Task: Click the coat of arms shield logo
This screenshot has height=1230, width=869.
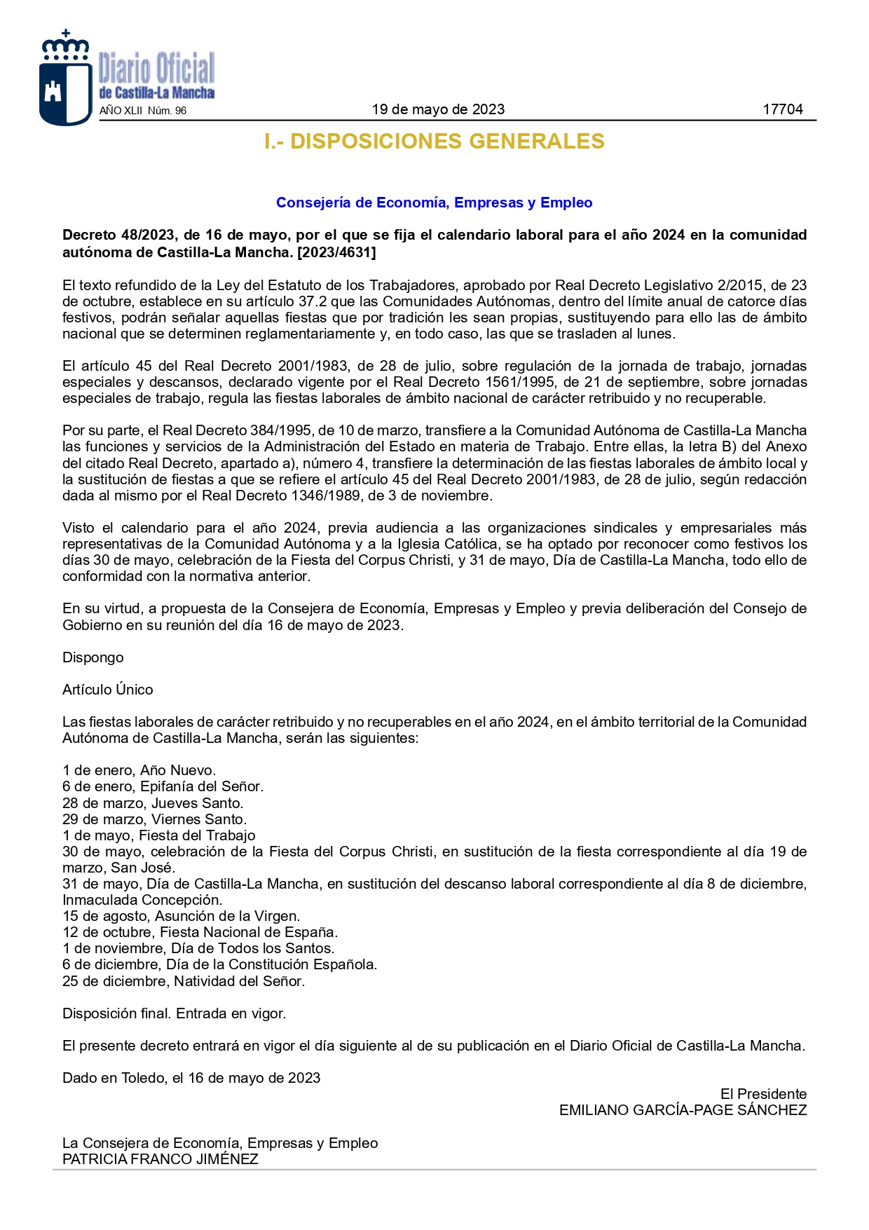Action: click(x=65, y=84)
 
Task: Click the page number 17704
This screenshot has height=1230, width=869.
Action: click(x=782, y=109)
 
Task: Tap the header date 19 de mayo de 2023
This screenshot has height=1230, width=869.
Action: click(x=438, y=109)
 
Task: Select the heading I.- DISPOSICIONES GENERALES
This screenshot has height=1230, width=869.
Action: click(x=434, y=142)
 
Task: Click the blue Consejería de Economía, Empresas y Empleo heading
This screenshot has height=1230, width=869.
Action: click(x=434, y=203)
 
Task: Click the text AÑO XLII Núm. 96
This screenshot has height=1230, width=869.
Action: click(x=143, y=111)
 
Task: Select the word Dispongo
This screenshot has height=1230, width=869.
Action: click(x=93, y=657)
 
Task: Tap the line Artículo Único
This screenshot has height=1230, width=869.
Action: click(x=107, y=690)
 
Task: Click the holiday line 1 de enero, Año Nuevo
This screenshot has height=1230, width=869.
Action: click(x=139, y=770)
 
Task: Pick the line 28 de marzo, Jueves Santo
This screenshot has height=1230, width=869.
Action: click(x=153, y=803)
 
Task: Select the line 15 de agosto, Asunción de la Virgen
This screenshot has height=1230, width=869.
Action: click(x=181, y=916)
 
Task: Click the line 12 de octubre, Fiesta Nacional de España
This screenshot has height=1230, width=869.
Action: click(x=200, y=932)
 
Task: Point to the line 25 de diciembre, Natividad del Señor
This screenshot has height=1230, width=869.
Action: click(x=183, y=981)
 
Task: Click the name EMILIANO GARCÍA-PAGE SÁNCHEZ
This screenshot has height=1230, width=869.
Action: click(x=683, y=1110)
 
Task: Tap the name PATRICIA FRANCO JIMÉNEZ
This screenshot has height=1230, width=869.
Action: click(x=160, y=1159)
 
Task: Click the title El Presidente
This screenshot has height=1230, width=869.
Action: click(x=763, y=1094)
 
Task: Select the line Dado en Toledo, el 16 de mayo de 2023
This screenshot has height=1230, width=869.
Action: click(x=191, y=1078)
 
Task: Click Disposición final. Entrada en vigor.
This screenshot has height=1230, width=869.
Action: click(x=174, y=1013)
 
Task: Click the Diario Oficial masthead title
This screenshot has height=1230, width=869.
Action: click(x=156, y=70)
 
